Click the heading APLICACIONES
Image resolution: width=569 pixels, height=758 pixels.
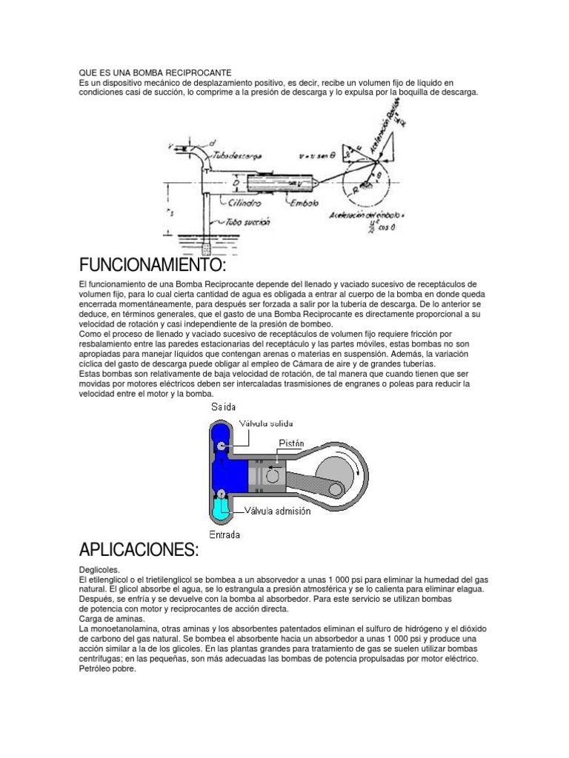139,550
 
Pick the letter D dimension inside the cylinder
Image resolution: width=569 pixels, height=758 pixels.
234,180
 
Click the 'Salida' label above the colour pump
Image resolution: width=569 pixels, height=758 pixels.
224,407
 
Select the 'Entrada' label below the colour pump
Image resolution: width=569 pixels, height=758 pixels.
224,534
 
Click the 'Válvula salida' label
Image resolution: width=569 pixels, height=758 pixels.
265,423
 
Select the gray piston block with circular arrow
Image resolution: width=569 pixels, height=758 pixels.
270,473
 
